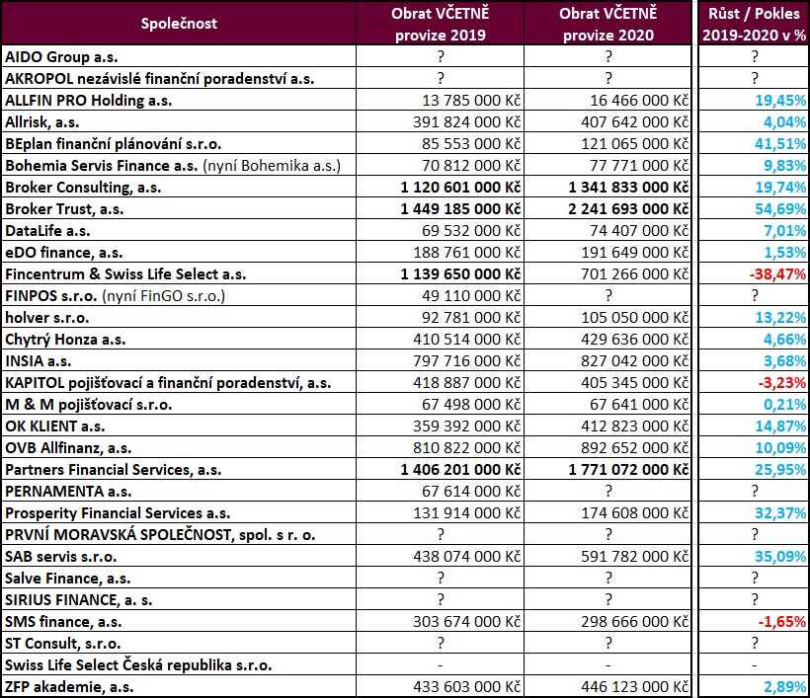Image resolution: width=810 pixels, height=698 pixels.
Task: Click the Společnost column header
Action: [x=179, y=24]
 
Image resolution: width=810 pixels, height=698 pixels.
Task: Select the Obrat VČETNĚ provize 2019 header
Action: [x=441, y=25]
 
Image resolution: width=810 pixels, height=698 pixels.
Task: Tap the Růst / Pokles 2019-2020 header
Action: [x=755, y=25]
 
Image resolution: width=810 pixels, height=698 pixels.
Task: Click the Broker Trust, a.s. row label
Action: [x=64, y=209]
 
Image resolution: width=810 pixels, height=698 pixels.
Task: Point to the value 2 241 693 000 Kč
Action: [x=628, y=209]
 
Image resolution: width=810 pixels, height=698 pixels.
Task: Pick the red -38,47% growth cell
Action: [x=777, y=274]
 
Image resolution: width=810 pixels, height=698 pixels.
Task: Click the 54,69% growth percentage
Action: [x=780, y=209]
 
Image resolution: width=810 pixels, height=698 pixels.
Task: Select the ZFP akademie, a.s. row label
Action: [x=69, y=687]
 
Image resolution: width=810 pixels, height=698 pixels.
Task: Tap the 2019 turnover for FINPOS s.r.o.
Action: [x=471, y=296]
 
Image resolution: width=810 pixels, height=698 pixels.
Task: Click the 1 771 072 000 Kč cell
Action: [x=628, y=470]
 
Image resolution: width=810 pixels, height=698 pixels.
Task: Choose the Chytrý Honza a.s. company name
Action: [x=65, y=340]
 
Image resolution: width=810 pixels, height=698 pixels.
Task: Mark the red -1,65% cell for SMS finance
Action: [x=782, y=622]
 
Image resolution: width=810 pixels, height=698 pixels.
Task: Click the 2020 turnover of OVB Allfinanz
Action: [x=635, y=448]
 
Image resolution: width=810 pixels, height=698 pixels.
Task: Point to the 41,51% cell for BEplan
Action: [x=780, y=144]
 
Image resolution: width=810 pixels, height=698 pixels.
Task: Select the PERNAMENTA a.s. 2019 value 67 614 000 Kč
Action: [x=471, y=492]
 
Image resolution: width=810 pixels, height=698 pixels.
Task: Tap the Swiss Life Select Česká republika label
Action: [x=138, y=665]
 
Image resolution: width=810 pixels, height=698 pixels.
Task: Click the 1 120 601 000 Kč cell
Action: [x=460, y=188]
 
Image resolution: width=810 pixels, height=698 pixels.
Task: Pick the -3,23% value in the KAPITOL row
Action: [x=782, y=383]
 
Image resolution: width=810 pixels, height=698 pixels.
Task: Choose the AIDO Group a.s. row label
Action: [x=61, y=57]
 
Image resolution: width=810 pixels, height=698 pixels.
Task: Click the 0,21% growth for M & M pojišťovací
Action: [x=785, y=405]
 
